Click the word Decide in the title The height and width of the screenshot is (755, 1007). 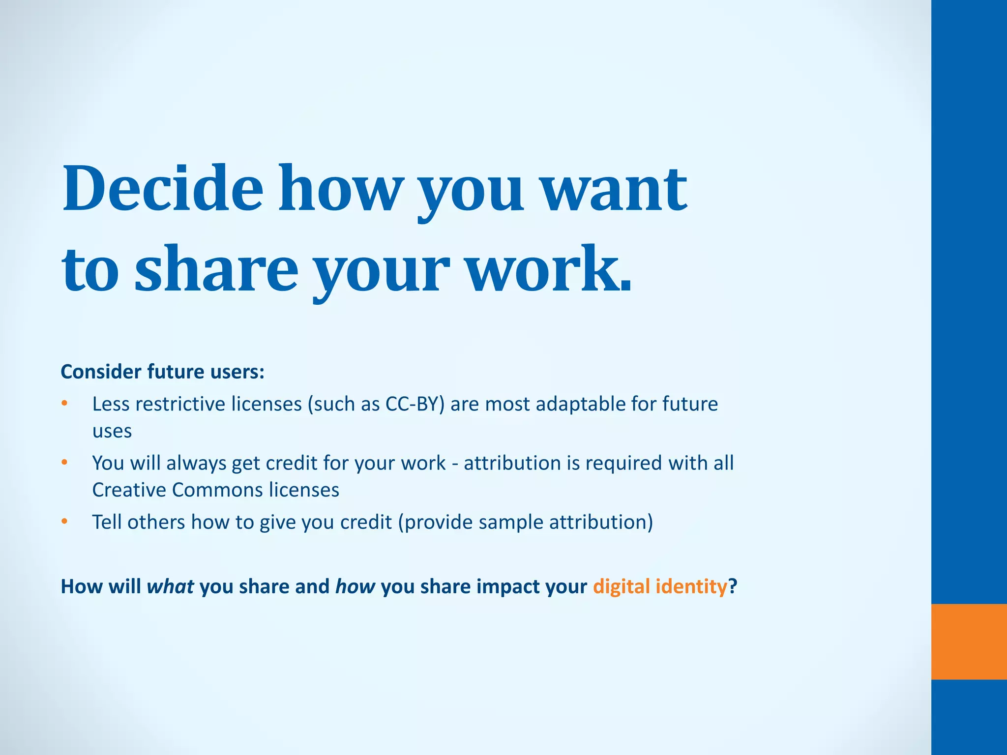pos(163,189)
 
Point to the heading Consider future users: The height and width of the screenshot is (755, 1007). pos(162,372)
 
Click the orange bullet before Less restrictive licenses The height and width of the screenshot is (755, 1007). pos(64,404)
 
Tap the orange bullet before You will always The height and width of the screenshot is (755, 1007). pos(64,463)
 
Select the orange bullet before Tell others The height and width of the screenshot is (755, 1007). pos(64,522)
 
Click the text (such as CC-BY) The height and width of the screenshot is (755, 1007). pos(376,404)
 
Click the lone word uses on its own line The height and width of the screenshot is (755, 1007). pos(112,431)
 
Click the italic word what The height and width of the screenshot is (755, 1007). pos(170,586)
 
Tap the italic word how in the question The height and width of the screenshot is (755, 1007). pos(355,586)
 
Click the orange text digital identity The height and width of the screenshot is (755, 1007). pos(659,586)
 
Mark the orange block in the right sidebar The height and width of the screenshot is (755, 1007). pos(969,641)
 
